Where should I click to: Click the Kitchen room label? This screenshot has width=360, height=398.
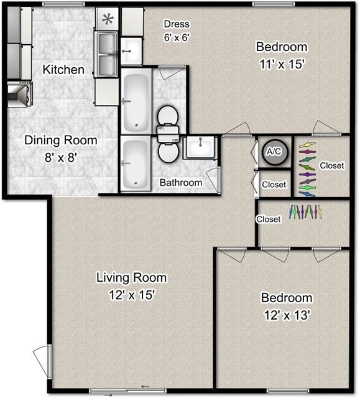coord(63,69)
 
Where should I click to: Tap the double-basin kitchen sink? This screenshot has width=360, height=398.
coord(107,53)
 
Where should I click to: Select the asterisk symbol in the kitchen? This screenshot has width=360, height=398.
coord(108,19)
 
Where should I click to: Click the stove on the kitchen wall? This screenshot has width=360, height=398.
coord(19,93)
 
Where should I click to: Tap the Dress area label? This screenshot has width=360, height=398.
coord(177,24)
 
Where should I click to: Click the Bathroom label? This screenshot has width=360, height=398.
coord(181,183)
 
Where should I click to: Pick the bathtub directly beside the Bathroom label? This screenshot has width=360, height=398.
coord(136,164)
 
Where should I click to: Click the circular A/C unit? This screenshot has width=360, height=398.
coord(273,152)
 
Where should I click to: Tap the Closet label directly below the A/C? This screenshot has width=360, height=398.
coord(274,185)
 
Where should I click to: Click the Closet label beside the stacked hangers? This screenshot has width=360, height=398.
coord(331,165)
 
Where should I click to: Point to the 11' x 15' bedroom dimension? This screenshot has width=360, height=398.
coord(282,63)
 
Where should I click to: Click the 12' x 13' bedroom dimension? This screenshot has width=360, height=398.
coord(286,315)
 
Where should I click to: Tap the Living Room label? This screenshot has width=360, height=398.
coord(131,277)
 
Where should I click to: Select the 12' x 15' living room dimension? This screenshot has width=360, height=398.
coord(131,295)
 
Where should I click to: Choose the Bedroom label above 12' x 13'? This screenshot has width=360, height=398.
coord(286,298)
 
